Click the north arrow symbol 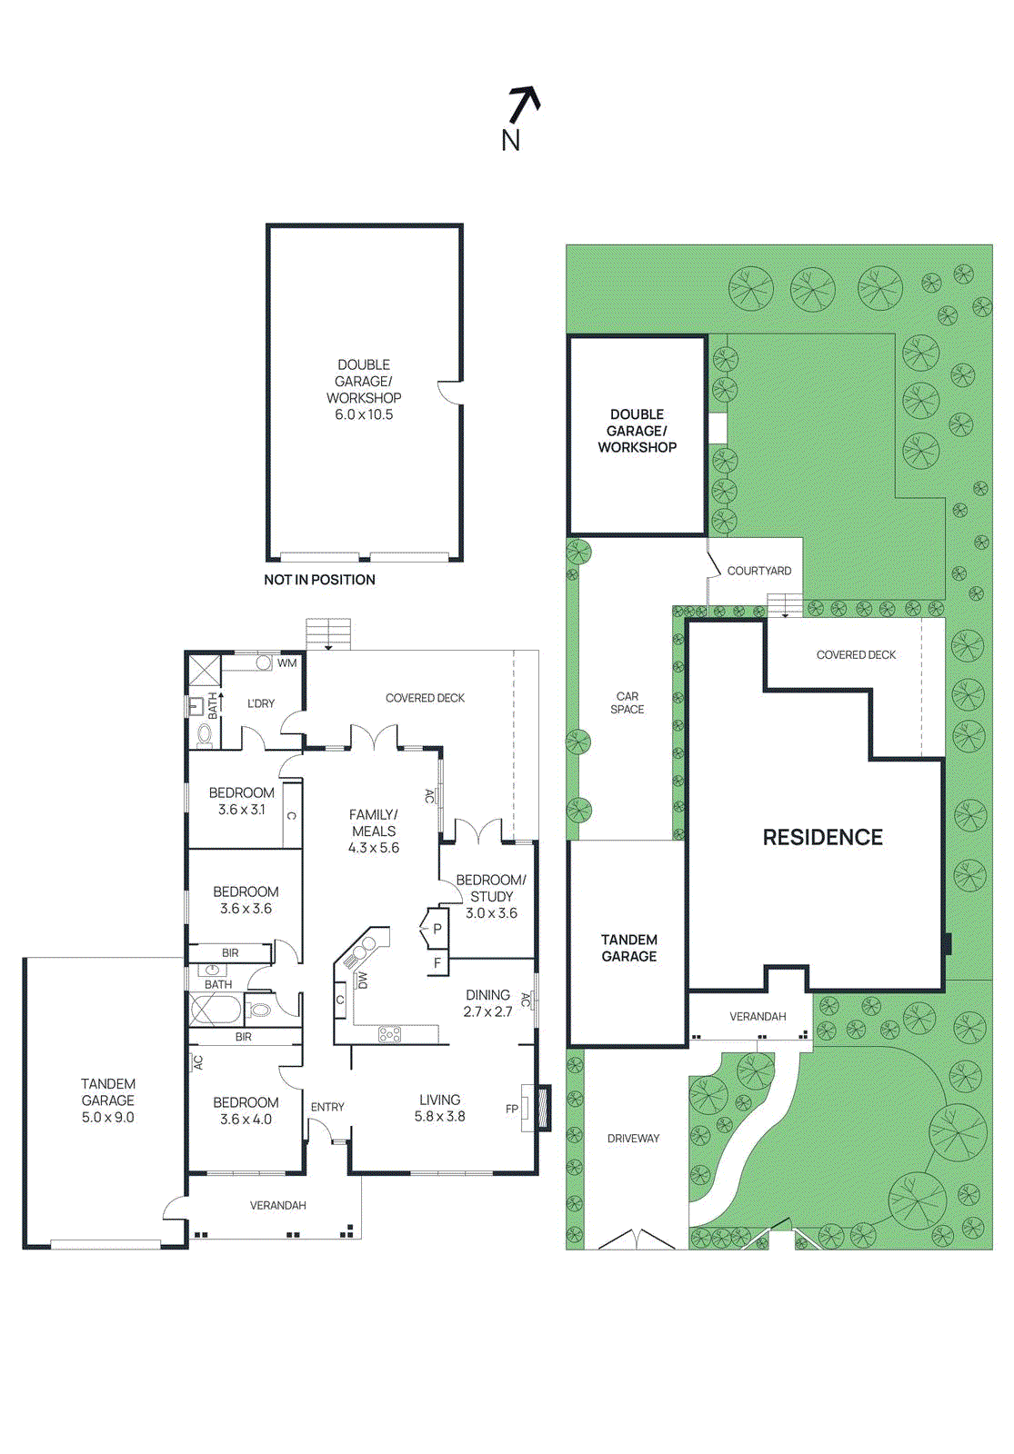pos(524,105)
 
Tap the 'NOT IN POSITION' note pos(319,580)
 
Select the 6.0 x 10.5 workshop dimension pos(364,414)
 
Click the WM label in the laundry pos(287,662)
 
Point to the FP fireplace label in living pos(512,1109)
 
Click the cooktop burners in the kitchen pos(389,1033)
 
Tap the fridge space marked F pos(437,963)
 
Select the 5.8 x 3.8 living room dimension pos(440,1117)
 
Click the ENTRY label pos(327,1107)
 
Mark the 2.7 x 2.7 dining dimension pos(487,1011)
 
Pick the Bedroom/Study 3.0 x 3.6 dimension pos(491,912)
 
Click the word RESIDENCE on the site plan pos(822,837)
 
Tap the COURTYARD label pos(758,571)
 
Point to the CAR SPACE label pos(627,702)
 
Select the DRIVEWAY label pos(633,1138)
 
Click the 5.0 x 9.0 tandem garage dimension pos(108,1117)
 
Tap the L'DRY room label pos(261,703)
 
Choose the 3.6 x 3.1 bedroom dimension pos(242,810)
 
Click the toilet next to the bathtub pos(260,1010)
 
